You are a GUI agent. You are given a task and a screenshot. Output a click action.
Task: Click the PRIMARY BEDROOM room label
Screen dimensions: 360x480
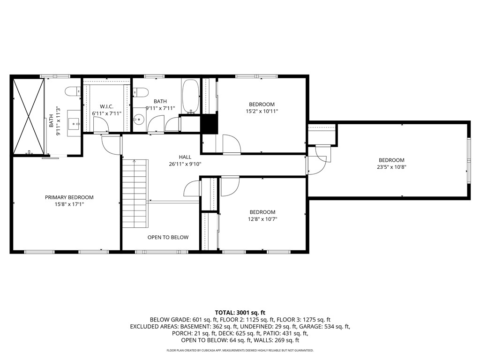click(x=69, y=197)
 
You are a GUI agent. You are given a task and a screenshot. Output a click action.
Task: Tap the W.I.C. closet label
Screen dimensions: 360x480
click(x=107, y=106)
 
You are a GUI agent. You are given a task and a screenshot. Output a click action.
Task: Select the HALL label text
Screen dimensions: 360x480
click(x=185, y=157)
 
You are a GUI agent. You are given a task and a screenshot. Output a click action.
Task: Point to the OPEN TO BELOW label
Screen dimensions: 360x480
click(x=168, y=237)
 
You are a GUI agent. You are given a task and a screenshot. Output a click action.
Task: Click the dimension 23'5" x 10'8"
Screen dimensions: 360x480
click(x=391, y=166)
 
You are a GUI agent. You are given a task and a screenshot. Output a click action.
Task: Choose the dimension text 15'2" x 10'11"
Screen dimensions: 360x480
click(x=262, y=111)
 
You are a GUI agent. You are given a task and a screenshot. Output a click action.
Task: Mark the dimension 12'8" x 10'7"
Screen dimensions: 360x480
click(x=262, y=218)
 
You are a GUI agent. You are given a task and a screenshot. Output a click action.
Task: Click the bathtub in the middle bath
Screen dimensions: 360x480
click(x=190, y=96)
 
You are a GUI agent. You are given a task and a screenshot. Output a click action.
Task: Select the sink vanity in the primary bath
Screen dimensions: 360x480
click(x=74, y=123)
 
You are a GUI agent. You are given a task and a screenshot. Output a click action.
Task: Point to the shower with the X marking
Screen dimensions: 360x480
click(x=29, y=116)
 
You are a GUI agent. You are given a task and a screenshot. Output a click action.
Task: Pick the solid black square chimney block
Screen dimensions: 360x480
click(x=209, y=123)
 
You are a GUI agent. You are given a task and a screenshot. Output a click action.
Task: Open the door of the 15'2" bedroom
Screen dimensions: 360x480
click(x=231, y=144)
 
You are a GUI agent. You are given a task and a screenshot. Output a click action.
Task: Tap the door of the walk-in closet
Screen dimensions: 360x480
click(x=101, y=125)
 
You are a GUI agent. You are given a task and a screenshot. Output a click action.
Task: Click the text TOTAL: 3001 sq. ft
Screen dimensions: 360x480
click(x=240, y=312)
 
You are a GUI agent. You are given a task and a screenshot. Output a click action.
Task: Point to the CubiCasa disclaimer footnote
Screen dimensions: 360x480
click(x=240, y=350)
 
